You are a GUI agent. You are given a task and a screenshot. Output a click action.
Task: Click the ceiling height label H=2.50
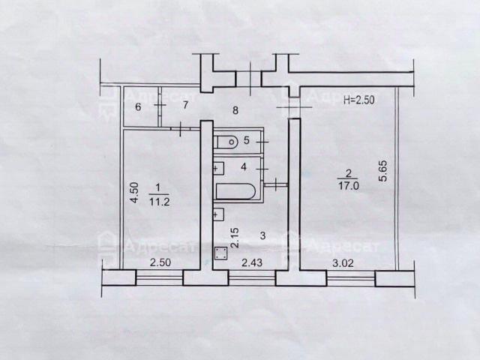click(x=358, y=100)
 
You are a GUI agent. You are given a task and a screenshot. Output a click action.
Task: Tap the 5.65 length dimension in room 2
click(x=383, y=171)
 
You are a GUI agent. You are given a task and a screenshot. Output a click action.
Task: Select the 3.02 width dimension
click(x=343, y=263)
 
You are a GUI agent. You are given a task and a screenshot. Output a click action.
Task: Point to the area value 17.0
click(x=349, y=185)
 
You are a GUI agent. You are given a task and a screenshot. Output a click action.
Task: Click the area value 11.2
click(x=160, y=202)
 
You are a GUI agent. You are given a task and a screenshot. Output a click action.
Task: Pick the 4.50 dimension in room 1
click(x=134, y=193)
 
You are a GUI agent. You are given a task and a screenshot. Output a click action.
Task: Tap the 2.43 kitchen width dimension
click(x=252, y=262)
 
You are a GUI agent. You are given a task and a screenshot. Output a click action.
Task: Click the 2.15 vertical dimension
click(x=235, y=238)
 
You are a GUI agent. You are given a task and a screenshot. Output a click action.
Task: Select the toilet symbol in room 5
click(x=226, y=142)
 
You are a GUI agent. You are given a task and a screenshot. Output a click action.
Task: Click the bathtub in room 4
click(x=235, y=191)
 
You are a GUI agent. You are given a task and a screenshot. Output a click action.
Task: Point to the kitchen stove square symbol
click(x=220, y=253)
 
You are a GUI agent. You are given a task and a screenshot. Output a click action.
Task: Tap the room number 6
click(x=138, y=107)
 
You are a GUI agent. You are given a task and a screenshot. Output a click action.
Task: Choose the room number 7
click(x=185, y=105)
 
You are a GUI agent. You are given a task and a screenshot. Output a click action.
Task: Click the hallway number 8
click(x=235, y=110)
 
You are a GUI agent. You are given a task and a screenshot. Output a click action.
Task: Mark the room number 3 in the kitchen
click(x=262, y=235)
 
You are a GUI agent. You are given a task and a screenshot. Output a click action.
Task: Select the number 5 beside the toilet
click(x=247, y=140)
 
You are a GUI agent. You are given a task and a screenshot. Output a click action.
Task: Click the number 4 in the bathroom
click(x=244, y=166)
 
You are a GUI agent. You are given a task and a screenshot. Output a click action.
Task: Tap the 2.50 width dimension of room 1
click(x=160, y=262)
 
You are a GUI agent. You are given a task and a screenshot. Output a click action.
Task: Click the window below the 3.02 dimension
click(x=351, y=278)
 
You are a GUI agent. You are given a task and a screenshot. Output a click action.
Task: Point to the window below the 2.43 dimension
click(x=252, y=278)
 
